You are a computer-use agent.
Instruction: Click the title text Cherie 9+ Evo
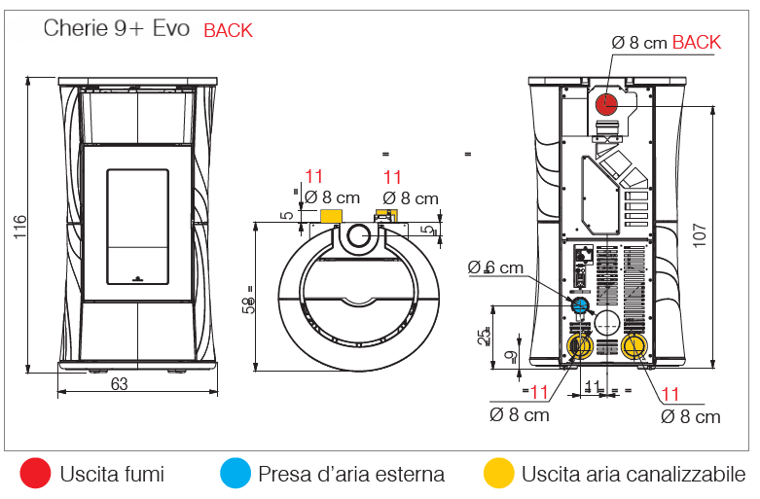[x=118, y=28]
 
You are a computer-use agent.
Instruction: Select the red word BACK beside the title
[x=228, y=30]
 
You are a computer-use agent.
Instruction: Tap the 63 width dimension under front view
[x=119, y=384]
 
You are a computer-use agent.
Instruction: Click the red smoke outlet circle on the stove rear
[x=608, y=102]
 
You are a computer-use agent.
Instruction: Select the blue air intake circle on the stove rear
[x=580, y=305]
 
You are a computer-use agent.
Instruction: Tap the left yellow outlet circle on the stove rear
[x=580, y=345]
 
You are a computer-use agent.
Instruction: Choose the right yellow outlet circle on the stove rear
[x=633, y=345]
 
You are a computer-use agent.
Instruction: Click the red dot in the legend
[x=36, y=474]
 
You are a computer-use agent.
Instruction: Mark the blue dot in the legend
[x=235, y=474]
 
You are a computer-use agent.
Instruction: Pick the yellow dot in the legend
[x=498, y=474]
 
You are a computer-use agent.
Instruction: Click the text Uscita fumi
[x=112, y=475]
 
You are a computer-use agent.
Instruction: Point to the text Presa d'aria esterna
[x=351, y=475]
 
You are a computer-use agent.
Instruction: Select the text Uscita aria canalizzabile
[x=633, y=475]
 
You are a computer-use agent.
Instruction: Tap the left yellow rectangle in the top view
[x=330, y=216]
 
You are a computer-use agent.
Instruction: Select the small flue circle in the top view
[x=357, y=235]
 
